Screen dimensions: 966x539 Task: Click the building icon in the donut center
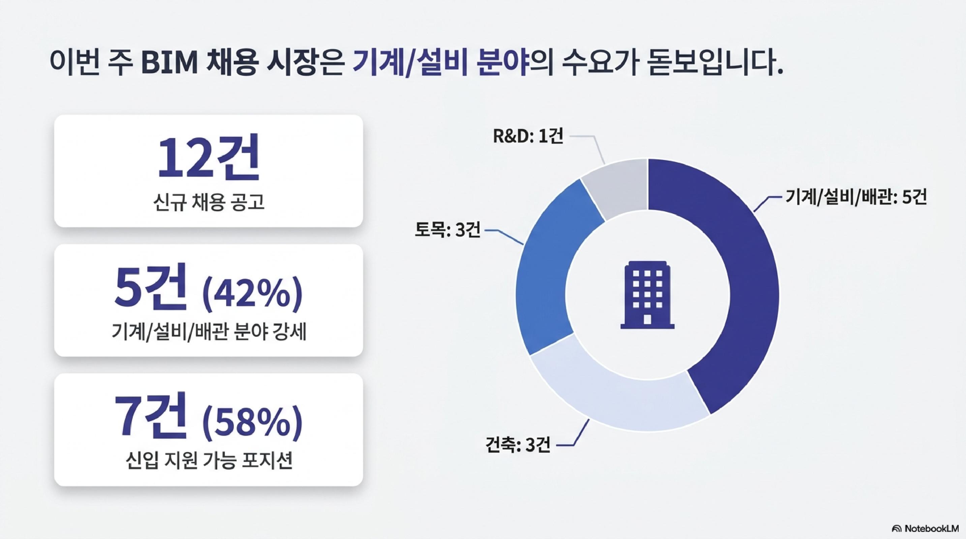(x=647, y=295)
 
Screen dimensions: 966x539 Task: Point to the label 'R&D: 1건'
(x=527, y=137)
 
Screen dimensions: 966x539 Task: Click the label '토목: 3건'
(x=447, y=230)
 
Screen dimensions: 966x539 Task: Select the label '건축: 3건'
(x=518, y=445)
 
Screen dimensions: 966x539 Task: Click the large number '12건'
(x=209, y=156)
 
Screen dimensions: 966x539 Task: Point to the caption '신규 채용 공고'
(x=209, y=203)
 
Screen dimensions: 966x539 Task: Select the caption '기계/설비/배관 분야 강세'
(x=209, y=332)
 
